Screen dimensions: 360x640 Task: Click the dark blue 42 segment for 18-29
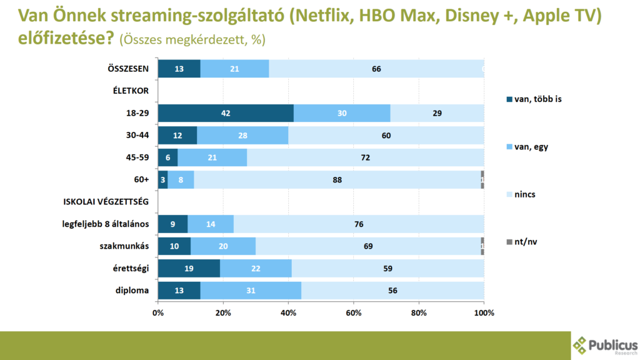tap(226, 113)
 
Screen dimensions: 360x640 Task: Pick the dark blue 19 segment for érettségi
tap(189, 268)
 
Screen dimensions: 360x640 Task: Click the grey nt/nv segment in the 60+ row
tap(482, 179)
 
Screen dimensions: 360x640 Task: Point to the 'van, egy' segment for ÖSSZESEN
tap(234, 69)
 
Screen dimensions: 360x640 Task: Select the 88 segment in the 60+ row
tap(337, 179)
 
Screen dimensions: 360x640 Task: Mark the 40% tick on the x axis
tap(288, 312)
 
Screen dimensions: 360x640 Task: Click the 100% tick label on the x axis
tap(484, 312)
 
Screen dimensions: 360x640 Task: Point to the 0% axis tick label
tap(158, 312)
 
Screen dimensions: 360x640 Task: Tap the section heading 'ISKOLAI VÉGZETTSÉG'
tap(106, 202)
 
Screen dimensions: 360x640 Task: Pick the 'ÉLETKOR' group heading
tap(131, 91)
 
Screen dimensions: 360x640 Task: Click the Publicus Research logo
tap(605, 346)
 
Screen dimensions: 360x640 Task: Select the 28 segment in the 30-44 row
tap(242, 135)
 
